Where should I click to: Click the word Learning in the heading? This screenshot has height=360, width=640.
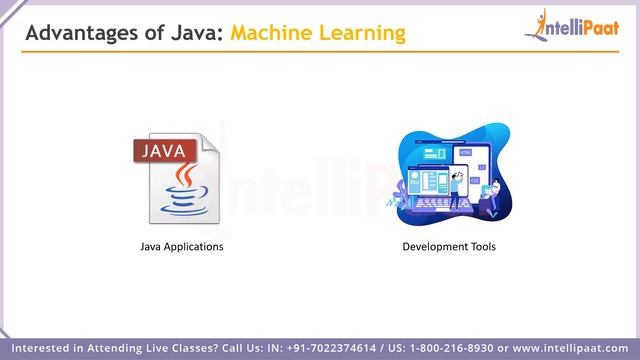pos(364,34)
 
